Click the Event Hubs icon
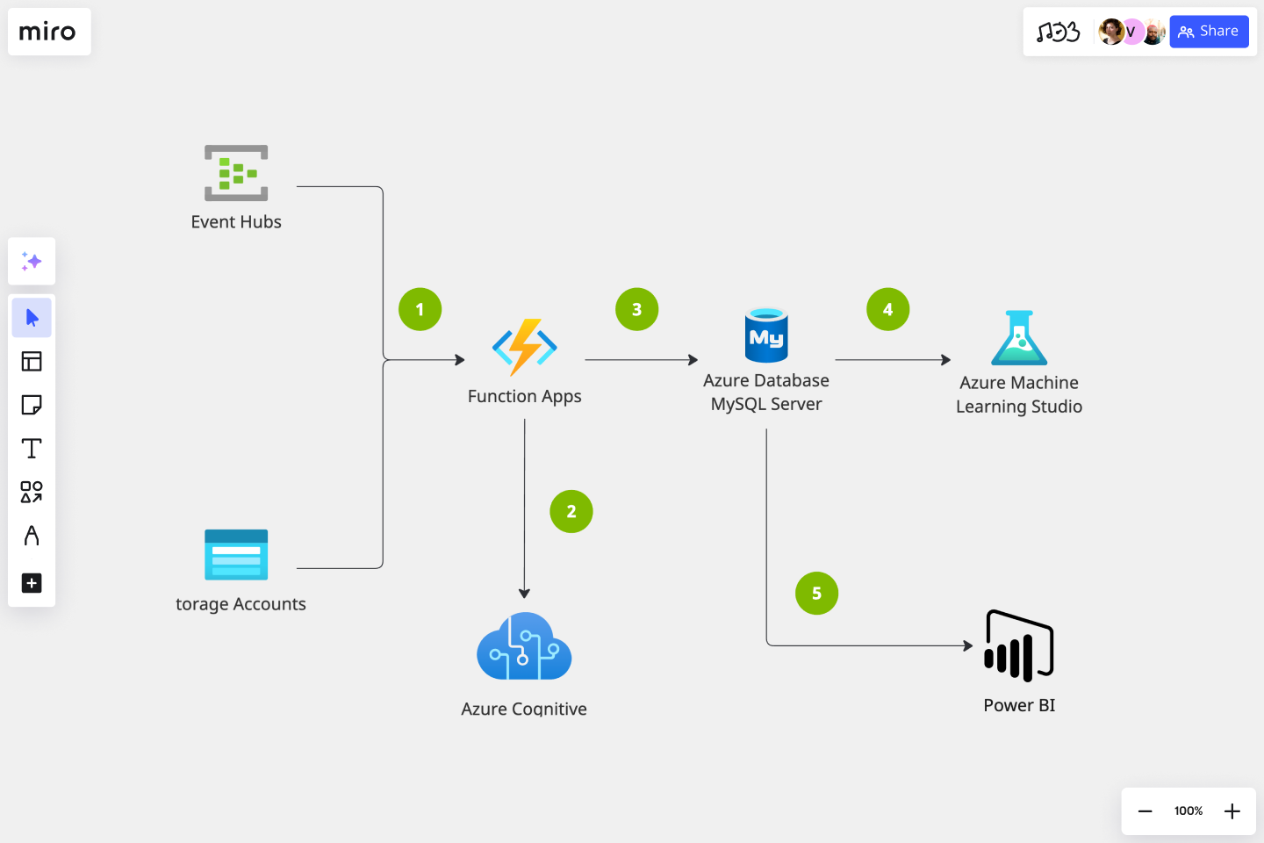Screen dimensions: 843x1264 click(x=236, y=173)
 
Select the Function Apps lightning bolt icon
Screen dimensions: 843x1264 click(x=525, y=348)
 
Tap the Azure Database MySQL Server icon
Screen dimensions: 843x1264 click(x=766, y=335)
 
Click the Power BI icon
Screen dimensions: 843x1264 click(x=1019, y=646)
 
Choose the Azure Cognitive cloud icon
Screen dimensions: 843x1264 click(x=524, y=647)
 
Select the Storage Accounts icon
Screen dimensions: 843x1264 click(x=236, y=555)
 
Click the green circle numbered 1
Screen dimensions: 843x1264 click(x=420, y=309)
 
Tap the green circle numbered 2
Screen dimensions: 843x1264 click(x=571, y=511)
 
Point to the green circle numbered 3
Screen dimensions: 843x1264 click(x=637, y=309)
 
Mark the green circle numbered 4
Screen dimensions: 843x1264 click(x=887, y=309)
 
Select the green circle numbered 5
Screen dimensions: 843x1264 click(x=816, y=594)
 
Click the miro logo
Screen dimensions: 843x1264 click(x=48, y=32)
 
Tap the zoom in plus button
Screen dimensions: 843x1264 click(x=1232, y=811)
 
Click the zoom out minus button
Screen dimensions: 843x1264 click(x=1145, y=811)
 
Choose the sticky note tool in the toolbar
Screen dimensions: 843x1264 click(x=32, y=405)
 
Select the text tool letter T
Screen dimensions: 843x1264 click(x=32, y=449)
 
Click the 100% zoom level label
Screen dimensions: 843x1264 click(x=1189, y=811)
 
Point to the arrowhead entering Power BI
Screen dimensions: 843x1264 click(x=968, y=645)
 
